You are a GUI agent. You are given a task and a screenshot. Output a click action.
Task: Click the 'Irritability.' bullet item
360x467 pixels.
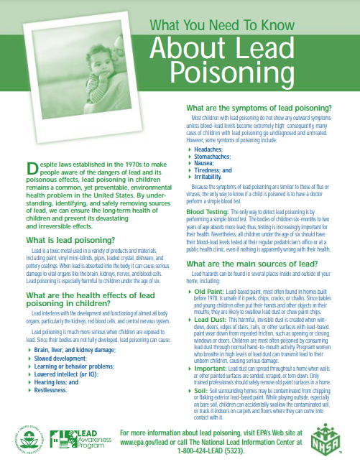[209, 177]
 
